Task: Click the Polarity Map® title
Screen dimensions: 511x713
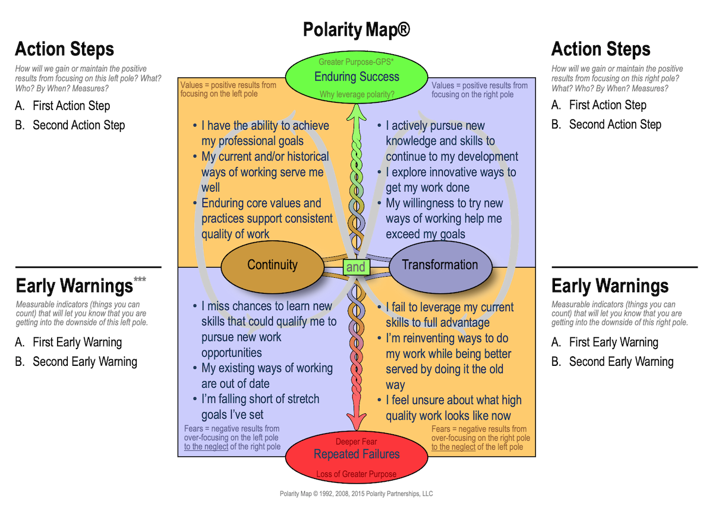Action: point(356,30)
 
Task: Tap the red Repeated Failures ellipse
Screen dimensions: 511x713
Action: point(356,456)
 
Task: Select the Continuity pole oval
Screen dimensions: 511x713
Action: point(273,265)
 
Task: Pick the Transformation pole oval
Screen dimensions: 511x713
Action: point(440,265)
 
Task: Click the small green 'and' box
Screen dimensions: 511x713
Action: point(356,267)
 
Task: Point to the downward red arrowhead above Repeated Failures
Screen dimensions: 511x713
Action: point(356,424)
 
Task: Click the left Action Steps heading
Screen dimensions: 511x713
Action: point(64,49)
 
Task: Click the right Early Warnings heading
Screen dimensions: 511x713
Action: point(610,286)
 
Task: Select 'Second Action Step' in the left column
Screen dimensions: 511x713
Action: point(78,125)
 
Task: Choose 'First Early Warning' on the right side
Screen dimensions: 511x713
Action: point(613,342)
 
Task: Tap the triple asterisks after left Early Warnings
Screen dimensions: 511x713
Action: point(140,280)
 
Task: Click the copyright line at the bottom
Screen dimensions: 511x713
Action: point(356,494)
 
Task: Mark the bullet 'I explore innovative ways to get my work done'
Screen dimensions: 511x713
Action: point(450,180)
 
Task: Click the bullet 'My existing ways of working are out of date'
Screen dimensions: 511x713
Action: point(266,376)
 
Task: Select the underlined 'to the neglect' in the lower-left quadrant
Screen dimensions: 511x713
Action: point(206,447)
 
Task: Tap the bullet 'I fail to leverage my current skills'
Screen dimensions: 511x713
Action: point(449,315)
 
